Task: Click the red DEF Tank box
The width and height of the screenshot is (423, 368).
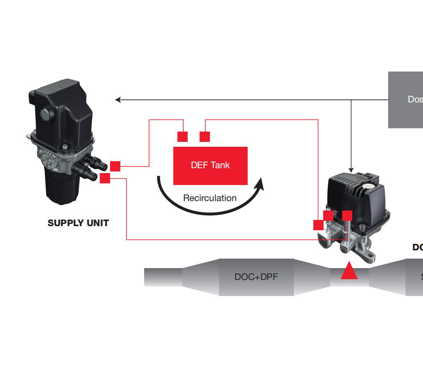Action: pos(210,166)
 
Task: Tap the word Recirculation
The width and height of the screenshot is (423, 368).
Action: pos(210,198)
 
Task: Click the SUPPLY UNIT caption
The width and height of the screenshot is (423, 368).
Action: pos(78,223)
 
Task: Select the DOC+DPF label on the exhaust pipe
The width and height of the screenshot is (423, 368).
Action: pos(256,277)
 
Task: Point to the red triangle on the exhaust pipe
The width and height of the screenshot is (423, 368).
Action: pos(349,271)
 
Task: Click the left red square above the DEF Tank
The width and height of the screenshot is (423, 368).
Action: pos(182,137)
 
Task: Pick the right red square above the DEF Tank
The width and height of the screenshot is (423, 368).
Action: pos(205,137)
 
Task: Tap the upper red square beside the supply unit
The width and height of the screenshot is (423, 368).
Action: pos(115,166)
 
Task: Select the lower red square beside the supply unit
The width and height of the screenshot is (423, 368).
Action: pos(105,178)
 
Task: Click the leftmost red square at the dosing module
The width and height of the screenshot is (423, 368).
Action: pos(318,225)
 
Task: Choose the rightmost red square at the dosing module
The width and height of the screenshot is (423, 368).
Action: pos(347,215)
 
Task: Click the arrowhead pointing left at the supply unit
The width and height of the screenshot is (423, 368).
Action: pos(117,100)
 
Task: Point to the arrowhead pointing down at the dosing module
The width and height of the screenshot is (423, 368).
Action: pos(351,169)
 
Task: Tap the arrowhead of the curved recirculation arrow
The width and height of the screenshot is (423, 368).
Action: pos(259,184)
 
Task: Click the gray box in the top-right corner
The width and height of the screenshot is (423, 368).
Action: pos(406,100)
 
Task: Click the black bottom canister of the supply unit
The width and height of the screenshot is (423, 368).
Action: pos(60,187)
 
